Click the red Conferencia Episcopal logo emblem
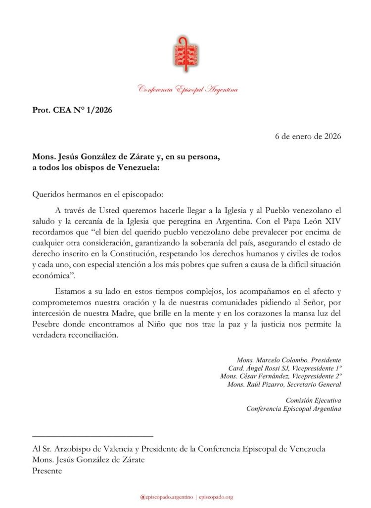pyautogui.click(x=186, y=55)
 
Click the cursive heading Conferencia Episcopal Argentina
pyautogui.click(x=188, y=89)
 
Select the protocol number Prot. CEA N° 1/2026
pyautogui.click(x=72, y=110)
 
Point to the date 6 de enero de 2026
pyautogui.click(x=308, y=136)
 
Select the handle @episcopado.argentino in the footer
pyautogui.click(x=166, y=497)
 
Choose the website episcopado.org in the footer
pyautogui.click(x=216, y=497)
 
